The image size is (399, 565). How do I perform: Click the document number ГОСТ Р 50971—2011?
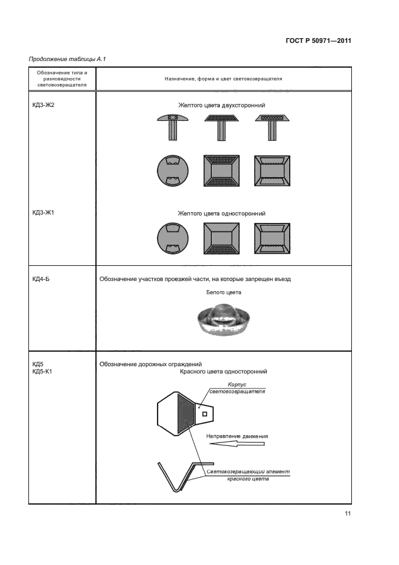(x=318, y=41)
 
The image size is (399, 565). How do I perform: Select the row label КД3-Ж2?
(x=43, y=105)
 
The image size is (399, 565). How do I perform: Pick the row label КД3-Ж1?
(x=43, y=213)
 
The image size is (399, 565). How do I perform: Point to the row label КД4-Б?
(x=41, y=279)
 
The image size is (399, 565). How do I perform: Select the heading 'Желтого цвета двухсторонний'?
(x=222, y=105)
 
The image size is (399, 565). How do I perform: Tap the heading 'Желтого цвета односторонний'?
(x=222, y=213)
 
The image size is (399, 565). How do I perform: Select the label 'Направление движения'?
(x=237, y=436)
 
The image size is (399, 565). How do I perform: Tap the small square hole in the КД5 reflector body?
(x=205, y=414)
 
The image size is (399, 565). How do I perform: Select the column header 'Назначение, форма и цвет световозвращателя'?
(x=223, y=79)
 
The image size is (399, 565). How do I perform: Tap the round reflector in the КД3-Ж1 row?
(x=172, y=239)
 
